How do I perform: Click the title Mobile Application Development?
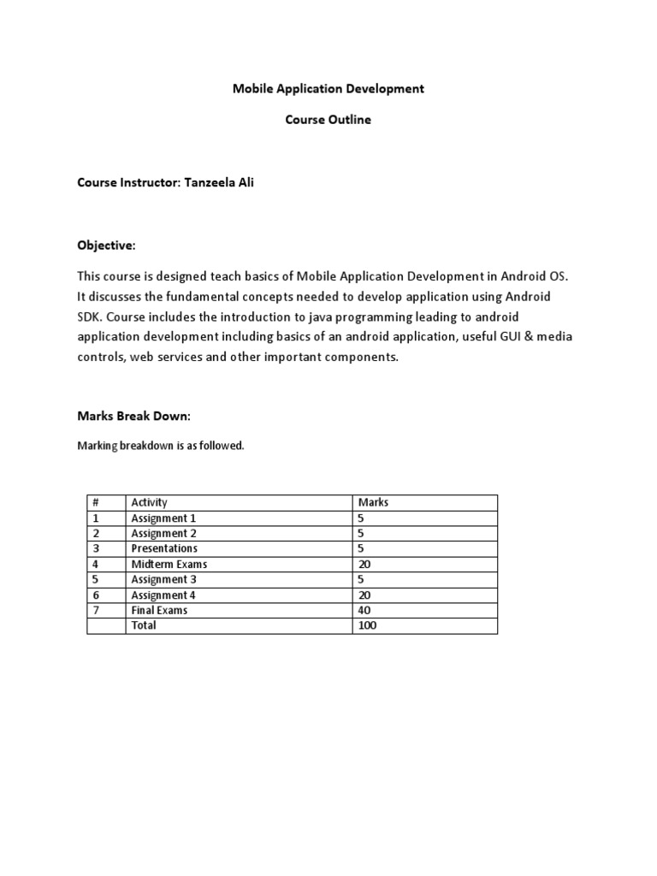coord(328,89)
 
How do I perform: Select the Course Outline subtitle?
coord(328,120)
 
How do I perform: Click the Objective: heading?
coord(107,246)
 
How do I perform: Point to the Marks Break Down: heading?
coord(134,416)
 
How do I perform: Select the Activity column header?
coord(150,502)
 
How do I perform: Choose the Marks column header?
coord(373,502)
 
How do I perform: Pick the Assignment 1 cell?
coord(163,518)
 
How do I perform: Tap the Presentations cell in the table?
coord(164,548)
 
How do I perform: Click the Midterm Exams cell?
coord(169,564)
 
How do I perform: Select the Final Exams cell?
coord(159,610)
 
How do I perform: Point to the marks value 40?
coord(365,610)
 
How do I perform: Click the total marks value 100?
coord(368,625)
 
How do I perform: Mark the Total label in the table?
coord(144,625)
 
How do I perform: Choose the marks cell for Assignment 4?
coord(365,595)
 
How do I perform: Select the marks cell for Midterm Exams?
coord(365,564)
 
